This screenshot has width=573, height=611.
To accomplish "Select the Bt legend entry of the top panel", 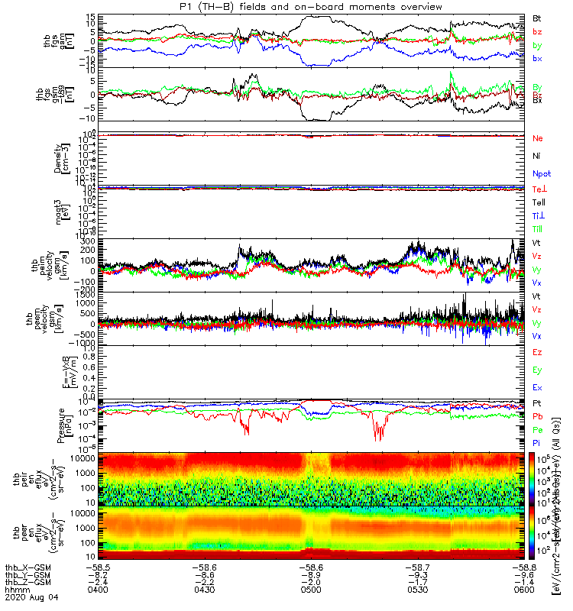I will tap(538, 18).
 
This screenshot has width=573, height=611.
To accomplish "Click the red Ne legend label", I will tap(539, 138).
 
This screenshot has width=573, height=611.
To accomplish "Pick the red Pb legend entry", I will tap(539, 416).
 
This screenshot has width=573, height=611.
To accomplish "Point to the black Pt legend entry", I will tap(538, 402).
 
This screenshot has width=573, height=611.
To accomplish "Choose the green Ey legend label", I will tap(538, 370).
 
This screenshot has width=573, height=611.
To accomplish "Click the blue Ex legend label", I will tap(538, 387).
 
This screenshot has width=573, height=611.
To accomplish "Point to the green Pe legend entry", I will tap(539, 430).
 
